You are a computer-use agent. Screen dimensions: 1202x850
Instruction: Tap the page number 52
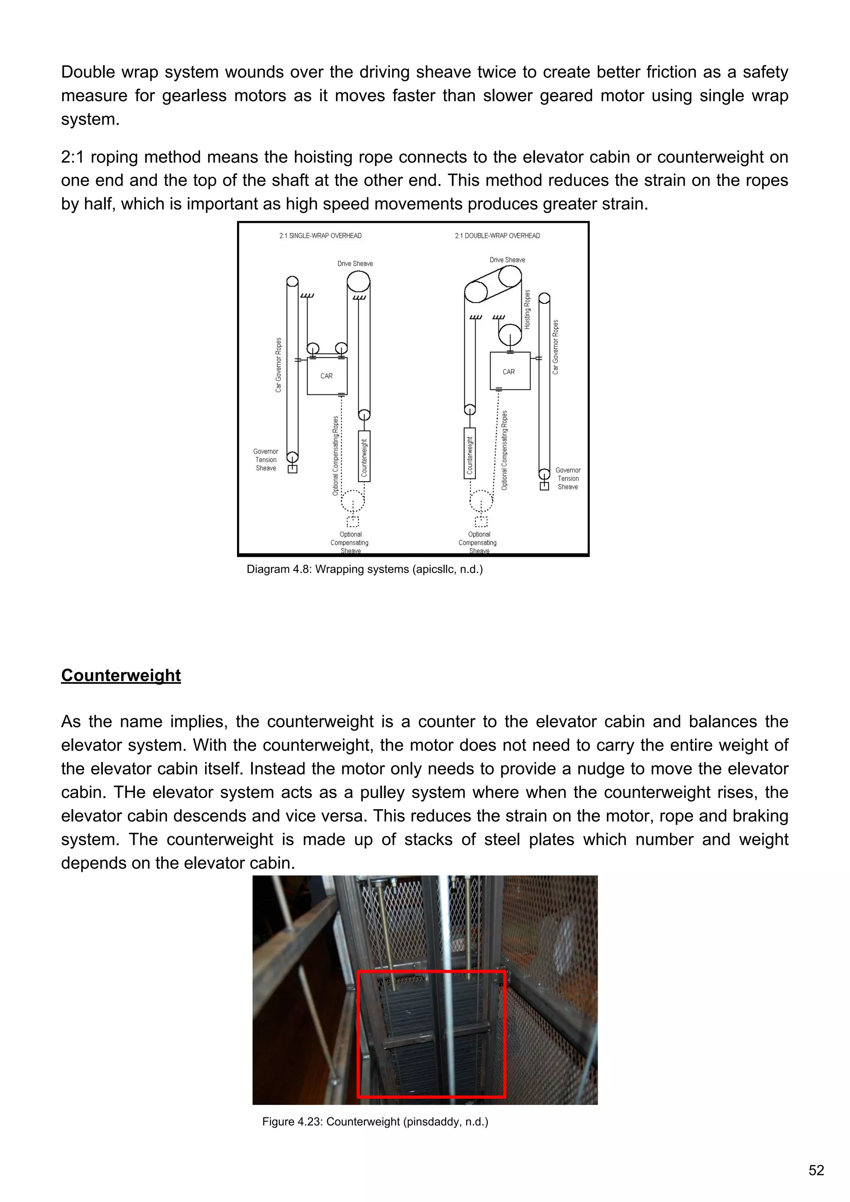pos(816,1170)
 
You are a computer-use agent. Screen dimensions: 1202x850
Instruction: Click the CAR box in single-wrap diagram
pos(327,376)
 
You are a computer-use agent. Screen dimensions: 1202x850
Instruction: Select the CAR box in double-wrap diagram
pos(509,371)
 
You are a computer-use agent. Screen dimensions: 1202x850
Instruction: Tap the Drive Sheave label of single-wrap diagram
pos(355,263)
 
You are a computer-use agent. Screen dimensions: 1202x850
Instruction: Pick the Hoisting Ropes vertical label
pos(527,309)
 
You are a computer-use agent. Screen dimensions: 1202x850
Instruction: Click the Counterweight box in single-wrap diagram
pos(364,456)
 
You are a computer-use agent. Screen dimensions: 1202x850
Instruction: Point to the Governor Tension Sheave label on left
pos(266,460)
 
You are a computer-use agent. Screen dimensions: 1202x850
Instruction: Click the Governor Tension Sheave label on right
pos(568,478)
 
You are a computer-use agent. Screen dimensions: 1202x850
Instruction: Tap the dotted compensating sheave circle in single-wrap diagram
pos(353,501)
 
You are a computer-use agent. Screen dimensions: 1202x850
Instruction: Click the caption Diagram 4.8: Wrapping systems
pos(364,569)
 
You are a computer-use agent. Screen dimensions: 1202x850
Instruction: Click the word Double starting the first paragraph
pos(86,72)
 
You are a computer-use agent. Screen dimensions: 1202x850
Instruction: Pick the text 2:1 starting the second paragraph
pos(72,157)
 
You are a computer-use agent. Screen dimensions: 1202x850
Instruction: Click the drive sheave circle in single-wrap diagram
pos(359,281)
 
